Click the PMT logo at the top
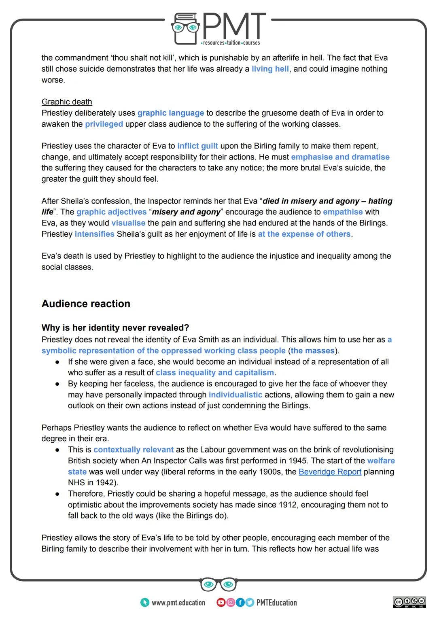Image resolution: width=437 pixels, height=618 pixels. (x=218, y=28)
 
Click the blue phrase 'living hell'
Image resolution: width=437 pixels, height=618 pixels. (x=270, y=69)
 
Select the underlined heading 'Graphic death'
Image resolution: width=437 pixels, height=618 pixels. (x=67, y=102)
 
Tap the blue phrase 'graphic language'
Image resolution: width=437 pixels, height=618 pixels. (x=170, y=113)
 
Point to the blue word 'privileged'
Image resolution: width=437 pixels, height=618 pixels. (x=104, y=124)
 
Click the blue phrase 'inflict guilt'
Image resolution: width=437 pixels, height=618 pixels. (x=197, y=146)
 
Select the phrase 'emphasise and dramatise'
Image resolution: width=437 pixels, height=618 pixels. (x=340, y=157)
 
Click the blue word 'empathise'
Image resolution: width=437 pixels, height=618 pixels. (x=342, y=212)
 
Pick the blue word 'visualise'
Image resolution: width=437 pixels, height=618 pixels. (x=128, y=223)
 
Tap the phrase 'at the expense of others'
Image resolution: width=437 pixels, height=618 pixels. (x=304, y=234)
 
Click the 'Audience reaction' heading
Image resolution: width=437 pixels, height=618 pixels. (x=86, y=304)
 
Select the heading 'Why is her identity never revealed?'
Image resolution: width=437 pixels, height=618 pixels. (x=115, y=328)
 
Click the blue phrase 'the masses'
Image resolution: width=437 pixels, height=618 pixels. (x=312, y=350)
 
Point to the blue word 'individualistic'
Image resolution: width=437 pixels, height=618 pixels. (x=235, y=395)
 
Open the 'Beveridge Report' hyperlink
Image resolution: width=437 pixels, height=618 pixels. (x=330, y=471)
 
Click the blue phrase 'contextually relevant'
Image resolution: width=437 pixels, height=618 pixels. (x=133, y=450)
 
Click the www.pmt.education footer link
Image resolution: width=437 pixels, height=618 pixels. (x=178, y=603)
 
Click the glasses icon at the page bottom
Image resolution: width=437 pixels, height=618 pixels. (x=218, y=584)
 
